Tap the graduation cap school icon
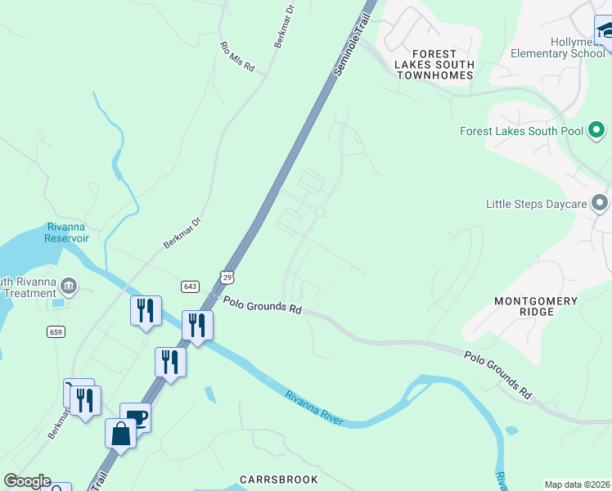tap(605, 31)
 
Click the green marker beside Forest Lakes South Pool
tap(596, 129)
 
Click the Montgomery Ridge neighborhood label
tap(536, 307)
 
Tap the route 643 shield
tap(190, 286)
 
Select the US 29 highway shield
tap(227, 276)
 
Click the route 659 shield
tap(56, 332)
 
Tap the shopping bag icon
tap(120, 434)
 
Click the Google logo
tap(27, 481)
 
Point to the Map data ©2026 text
tap(577, 484)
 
